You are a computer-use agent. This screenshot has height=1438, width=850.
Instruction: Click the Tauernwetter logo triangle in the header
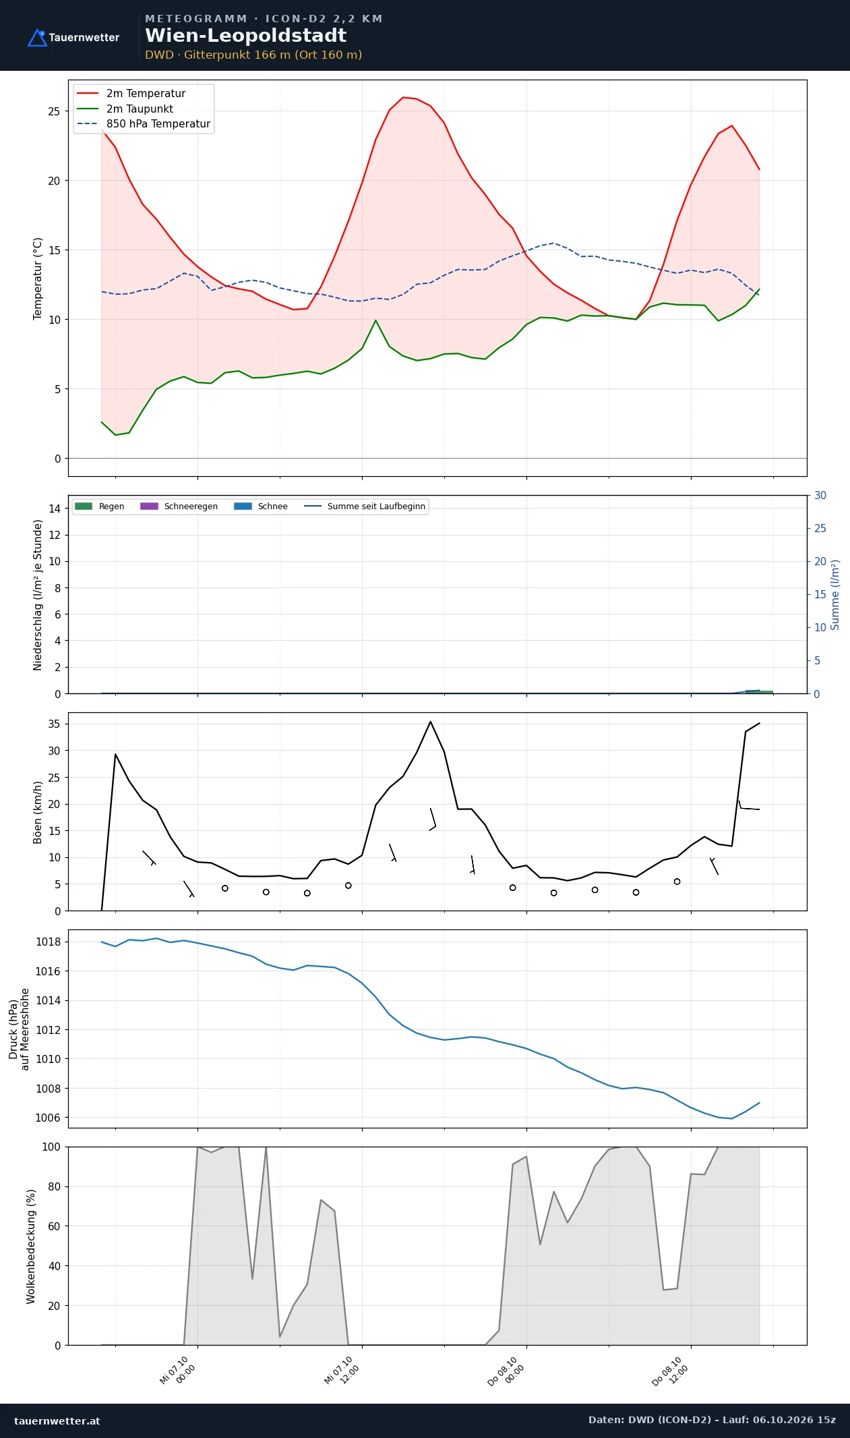tap(37, 38)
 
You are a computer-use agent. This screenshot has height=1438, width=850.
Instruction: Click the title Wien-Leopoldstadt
tap(245, 36)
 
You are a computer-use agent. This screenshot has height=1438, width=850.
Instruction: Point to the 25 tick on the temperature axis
tap(54, 111)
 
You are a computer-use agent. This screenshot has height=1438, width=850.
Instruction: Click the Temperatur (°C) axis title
tap(38, 278)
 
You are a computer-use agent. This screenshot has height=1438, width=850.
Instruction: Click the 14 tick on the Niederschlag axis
tap(55, 509)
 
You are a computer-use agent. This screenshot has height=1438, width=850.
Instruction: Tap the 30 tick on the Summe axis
tap(820, 496)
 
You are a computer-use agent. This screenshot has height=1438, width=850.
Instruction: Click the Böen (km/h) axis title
tap(38, 812)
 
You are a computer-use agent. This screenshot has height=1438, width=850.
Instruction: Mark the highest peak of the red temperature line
tap(403, 97)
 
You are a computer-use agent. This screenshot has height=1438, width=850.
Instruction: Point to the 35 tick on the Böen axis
tap(55, 724)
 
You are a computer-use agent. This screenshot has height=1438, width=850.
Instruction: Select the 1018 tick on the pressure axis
tap(48, 942)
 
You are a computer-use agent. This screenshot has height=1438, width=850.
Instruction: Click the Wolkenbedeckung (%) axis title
tap(31, 1246)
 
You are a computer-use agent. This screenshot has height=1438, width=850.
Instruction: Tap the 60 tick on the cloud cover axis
tap(54, 1226)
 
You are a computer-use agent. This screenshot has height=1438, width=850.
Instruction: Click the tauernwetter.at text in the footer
tap(57, 1420)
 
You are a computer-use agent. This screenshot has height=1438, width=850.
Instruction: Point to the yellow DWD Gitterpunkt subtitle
tap(253, 55)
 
